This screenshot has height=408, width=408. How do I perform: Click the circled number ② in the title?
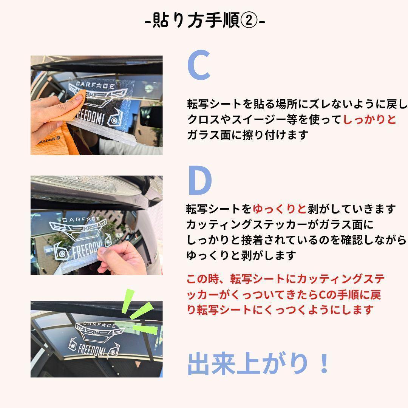[249, 20]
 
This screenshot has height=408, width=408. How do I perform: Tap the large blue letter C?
[199, 65]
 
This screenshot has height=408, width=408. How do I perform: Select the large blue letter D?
[199, 181]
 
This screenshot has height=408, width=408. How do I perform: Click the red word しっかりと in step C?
[369, 119]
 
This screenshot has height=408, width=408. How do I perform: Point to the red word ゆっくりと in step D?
[280, 209]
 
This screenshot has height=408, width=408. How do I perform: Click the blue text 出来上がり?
[247, 364]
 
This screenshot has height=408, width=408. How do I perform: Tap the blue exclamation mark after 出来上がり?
[324, 364]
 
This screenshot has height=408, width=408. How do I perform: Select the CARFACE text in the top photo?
[95, 85]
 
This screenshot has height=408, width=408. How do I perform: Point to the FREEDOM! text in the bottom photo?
[91, 350]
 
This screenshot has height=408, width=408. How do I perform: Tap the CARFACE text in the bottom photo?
[99, 325]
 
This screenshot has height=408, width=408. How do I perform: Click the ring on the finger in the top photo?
[39, 99]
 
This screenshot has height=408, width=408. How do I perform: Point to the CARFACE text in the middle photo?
[81, 219]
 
